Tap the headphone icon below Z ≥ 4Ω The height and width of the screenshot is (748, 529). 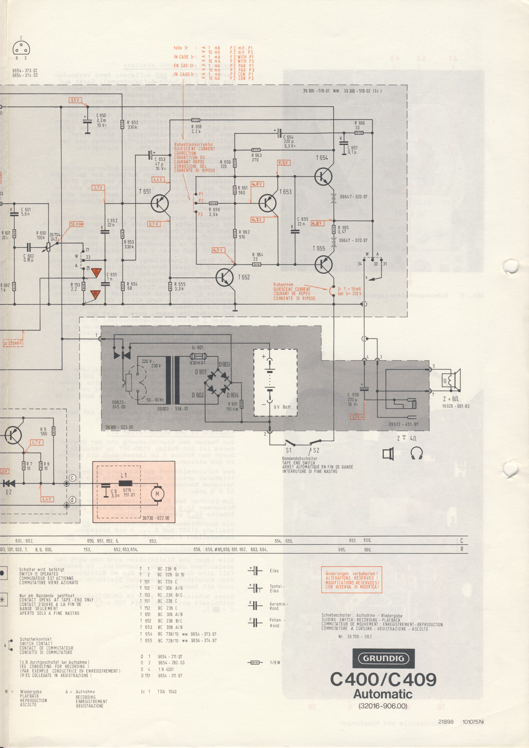point(417,453)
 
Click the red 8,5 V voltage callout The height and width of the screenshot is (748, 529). point(75,100)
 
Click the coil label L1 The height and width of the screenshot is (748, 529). point(124,476)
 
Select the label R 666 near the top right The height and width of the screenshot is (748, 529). point(360,123)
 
